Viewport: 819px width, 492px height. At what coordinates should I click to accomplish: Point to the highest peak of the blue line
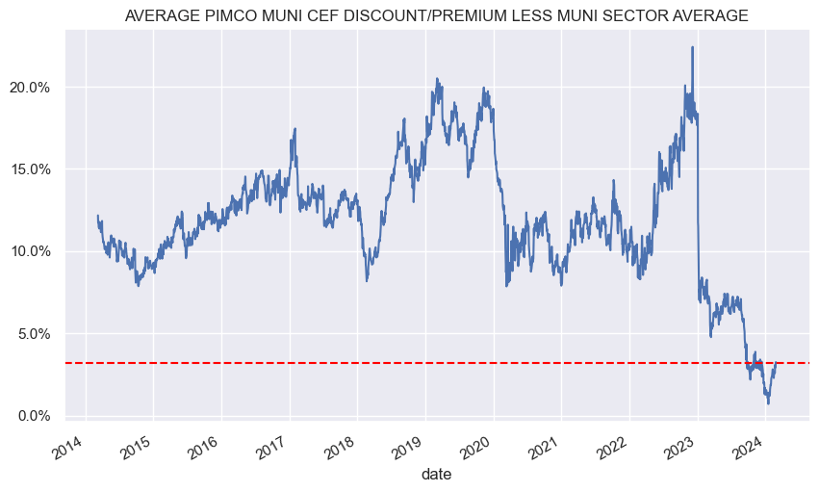(x=692, y=47)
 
